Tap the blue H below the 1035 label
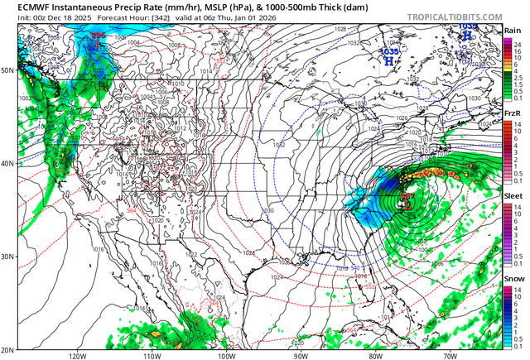(389, 60)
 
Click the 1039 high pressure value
(468, 26)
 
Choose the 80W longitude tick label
(374, 355)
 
